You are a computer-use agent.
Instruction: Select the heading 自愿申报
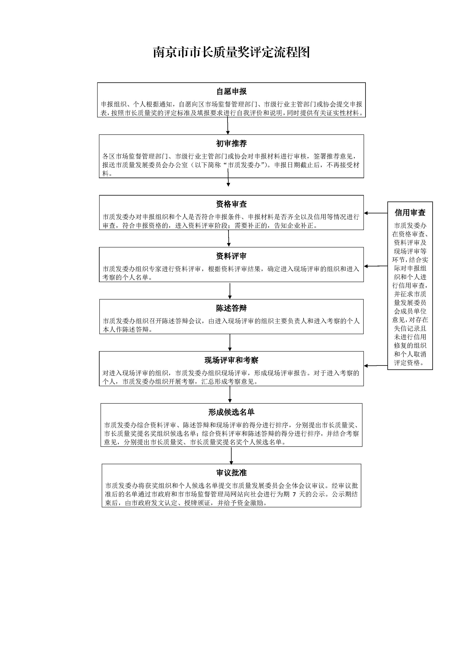coord(231,92)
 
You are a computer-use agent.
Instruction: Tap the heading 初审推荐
coord(231,144)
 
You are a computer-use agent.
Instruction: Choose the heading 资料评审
coord(231,256)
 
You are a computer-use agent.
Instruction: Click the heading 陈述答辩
coord(231,308)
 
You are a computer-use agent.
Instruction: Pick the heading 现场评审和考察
coord(231,360)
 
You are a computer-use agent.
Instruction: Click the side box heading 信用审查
coord(410,213)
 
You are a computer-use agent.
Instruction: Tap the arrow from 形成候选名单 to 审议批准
coord(231,456)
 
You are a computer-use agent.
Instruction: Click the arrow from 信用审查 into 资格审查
coord(376,213)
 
